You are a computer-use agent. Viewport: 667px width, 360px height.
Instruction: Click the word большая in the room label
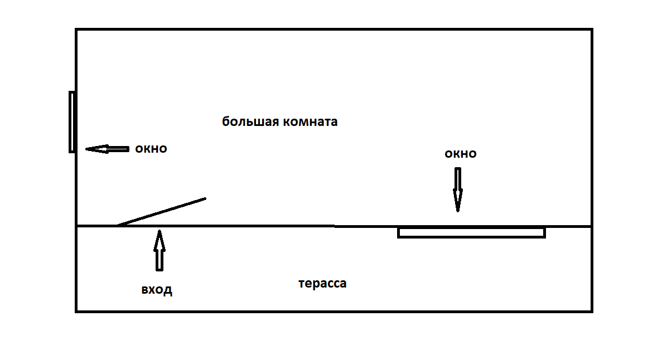coord(249,122)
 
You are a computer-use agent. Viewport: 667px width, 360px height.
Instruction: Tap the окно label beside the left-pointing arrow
coord(151,149)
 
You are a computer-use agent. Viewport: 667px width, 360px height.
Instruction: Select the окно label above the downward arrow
coord(460,154)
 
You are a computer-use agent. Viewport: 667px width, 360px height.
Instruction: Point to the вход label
coord(156,290)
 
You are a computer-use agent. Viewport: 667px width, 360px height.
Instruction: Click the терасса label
coord(322,283)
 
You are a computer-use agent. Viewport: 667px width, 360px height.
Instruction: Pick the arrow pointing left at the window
coord(107,149)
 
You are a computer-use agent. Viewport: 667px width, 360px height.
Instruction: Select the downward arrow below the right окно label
coord(458,189)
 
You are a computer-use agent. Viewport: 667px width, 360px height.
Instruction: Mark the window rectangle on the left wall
coord(72,121)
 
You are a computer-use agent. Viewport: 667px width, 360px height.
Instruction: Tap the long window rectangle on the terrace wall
coord(471,232)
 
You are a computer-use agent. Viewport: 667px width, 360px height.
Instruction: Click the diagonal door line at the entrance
coord(161,212)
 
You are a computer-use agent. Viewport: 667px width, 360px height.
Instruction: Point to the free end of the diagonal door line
coord(205,198)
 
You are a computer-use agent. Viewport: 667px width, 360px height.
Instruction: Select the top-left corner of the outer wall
coord(76,30)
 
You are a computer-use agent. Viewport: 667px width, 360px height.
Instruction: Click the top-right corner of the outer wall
coord(591,30)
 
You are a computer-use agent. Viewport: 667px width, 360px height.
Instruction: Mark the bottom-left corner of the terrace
coord(76,311)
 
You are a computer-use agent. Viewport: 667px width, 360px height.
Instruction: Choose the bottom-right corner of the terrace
coord(591,311)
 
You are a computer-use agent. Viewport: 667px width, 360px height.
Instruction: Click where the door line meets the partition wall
coord(118,226)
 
